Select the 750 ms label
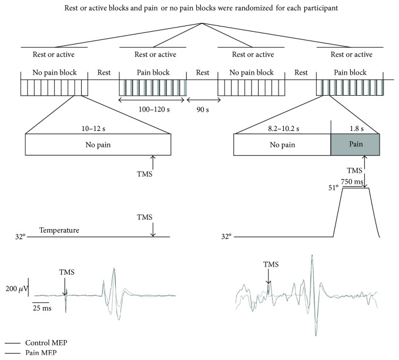(x=354, y=183)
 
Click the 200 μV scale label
(x=15, y=288)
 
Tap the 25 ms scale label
(x=39, y=308)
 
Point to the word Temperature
(x=59, y=230)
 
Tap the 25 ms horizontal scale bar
(x=39, y=302)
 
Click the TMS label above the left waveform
(x=67, y=272)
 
